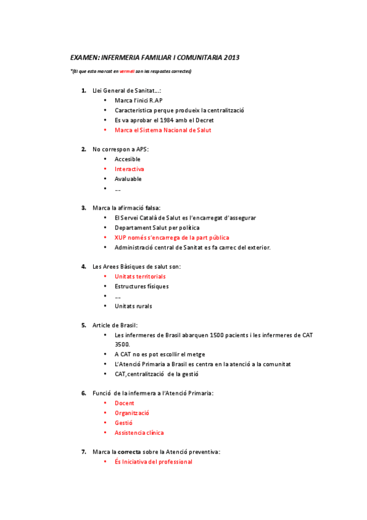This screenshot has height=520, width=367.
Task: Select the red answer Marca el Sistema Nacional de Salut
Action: pyautogui.click(x=163, y=130)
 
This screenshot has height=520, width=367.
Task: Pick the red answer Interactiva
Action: pyautogui.click(x=129, y=169)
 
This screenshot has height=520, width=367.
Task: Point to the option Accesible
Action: pyautogui.click(x=127, y=159)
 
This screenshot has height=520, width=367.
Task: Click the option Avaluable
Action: pyautogui.click(x=128, y=179)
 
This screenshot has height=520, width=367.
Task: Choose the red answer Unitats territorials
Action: pyautogui.click(x=140, y=277)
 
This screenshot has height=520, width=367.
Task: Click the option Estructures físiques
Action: pyautogui.click(x=142, y=286)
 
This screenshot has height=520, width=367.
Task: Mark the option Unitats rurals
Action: pyautogui.click(x=133, y=306)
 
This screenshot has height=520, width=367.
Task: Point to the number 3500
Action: pyautogui.click(x=122, y=345)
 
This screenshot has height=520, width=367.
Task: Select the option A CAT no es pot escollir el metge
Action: pyautogui.click(x=159, y=354)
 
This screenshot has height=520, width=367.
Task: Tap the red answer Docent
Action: pyautogui.click(x=124, y=403)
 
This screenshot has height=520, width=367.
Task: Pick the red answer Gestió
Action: pyautogui.click(x=124, y=423)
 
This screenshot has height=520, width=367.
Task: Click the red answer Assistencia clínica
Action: pyautogui.click(x=139, y=433)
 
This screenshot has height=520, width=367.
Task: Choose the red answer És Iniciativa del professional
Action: pyautogui.click(x=153, y=462)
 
